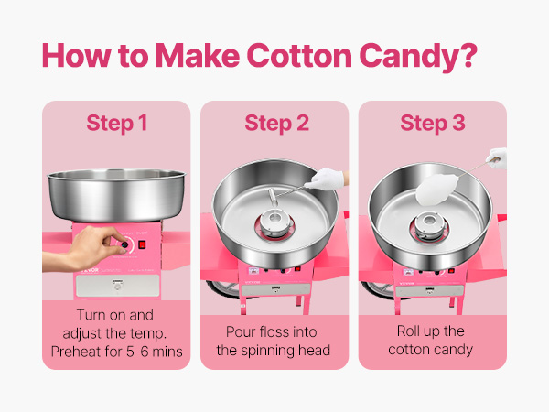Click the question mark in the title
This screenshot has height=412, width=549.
[x=468, y=55]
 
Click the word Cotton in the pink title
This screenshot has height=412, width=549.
[x=299, y=55]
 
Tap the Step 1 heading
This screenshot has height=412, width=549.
[x=116, y=124]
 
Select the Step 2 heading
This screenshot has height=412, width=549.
[x=276, y=124]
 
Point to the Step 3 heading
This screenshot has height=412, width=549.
[x=433, y=124]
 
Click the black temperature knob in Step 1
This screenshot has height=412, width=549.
[x=124, y=244]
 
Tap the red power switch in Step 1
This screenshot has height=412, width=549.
[x=142, y=244]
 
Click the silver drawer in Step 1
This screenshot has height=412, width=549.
[x=118, y=285]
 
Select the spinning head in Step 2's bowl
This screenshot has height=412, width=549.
[x=274, y=224]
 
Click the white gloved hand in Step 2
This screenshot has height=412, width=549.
[x=325, y=179]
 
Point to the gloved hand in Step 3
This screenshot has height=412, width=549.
[x=497, y=158]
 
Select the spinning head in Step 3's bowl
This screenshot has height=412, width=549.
[x=430, y=226]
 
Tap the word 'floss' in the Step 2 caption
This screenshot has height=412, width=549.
[x=272, y=331]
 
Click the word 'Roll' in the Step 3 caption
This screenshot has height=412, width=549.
[x=407, y=331]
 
